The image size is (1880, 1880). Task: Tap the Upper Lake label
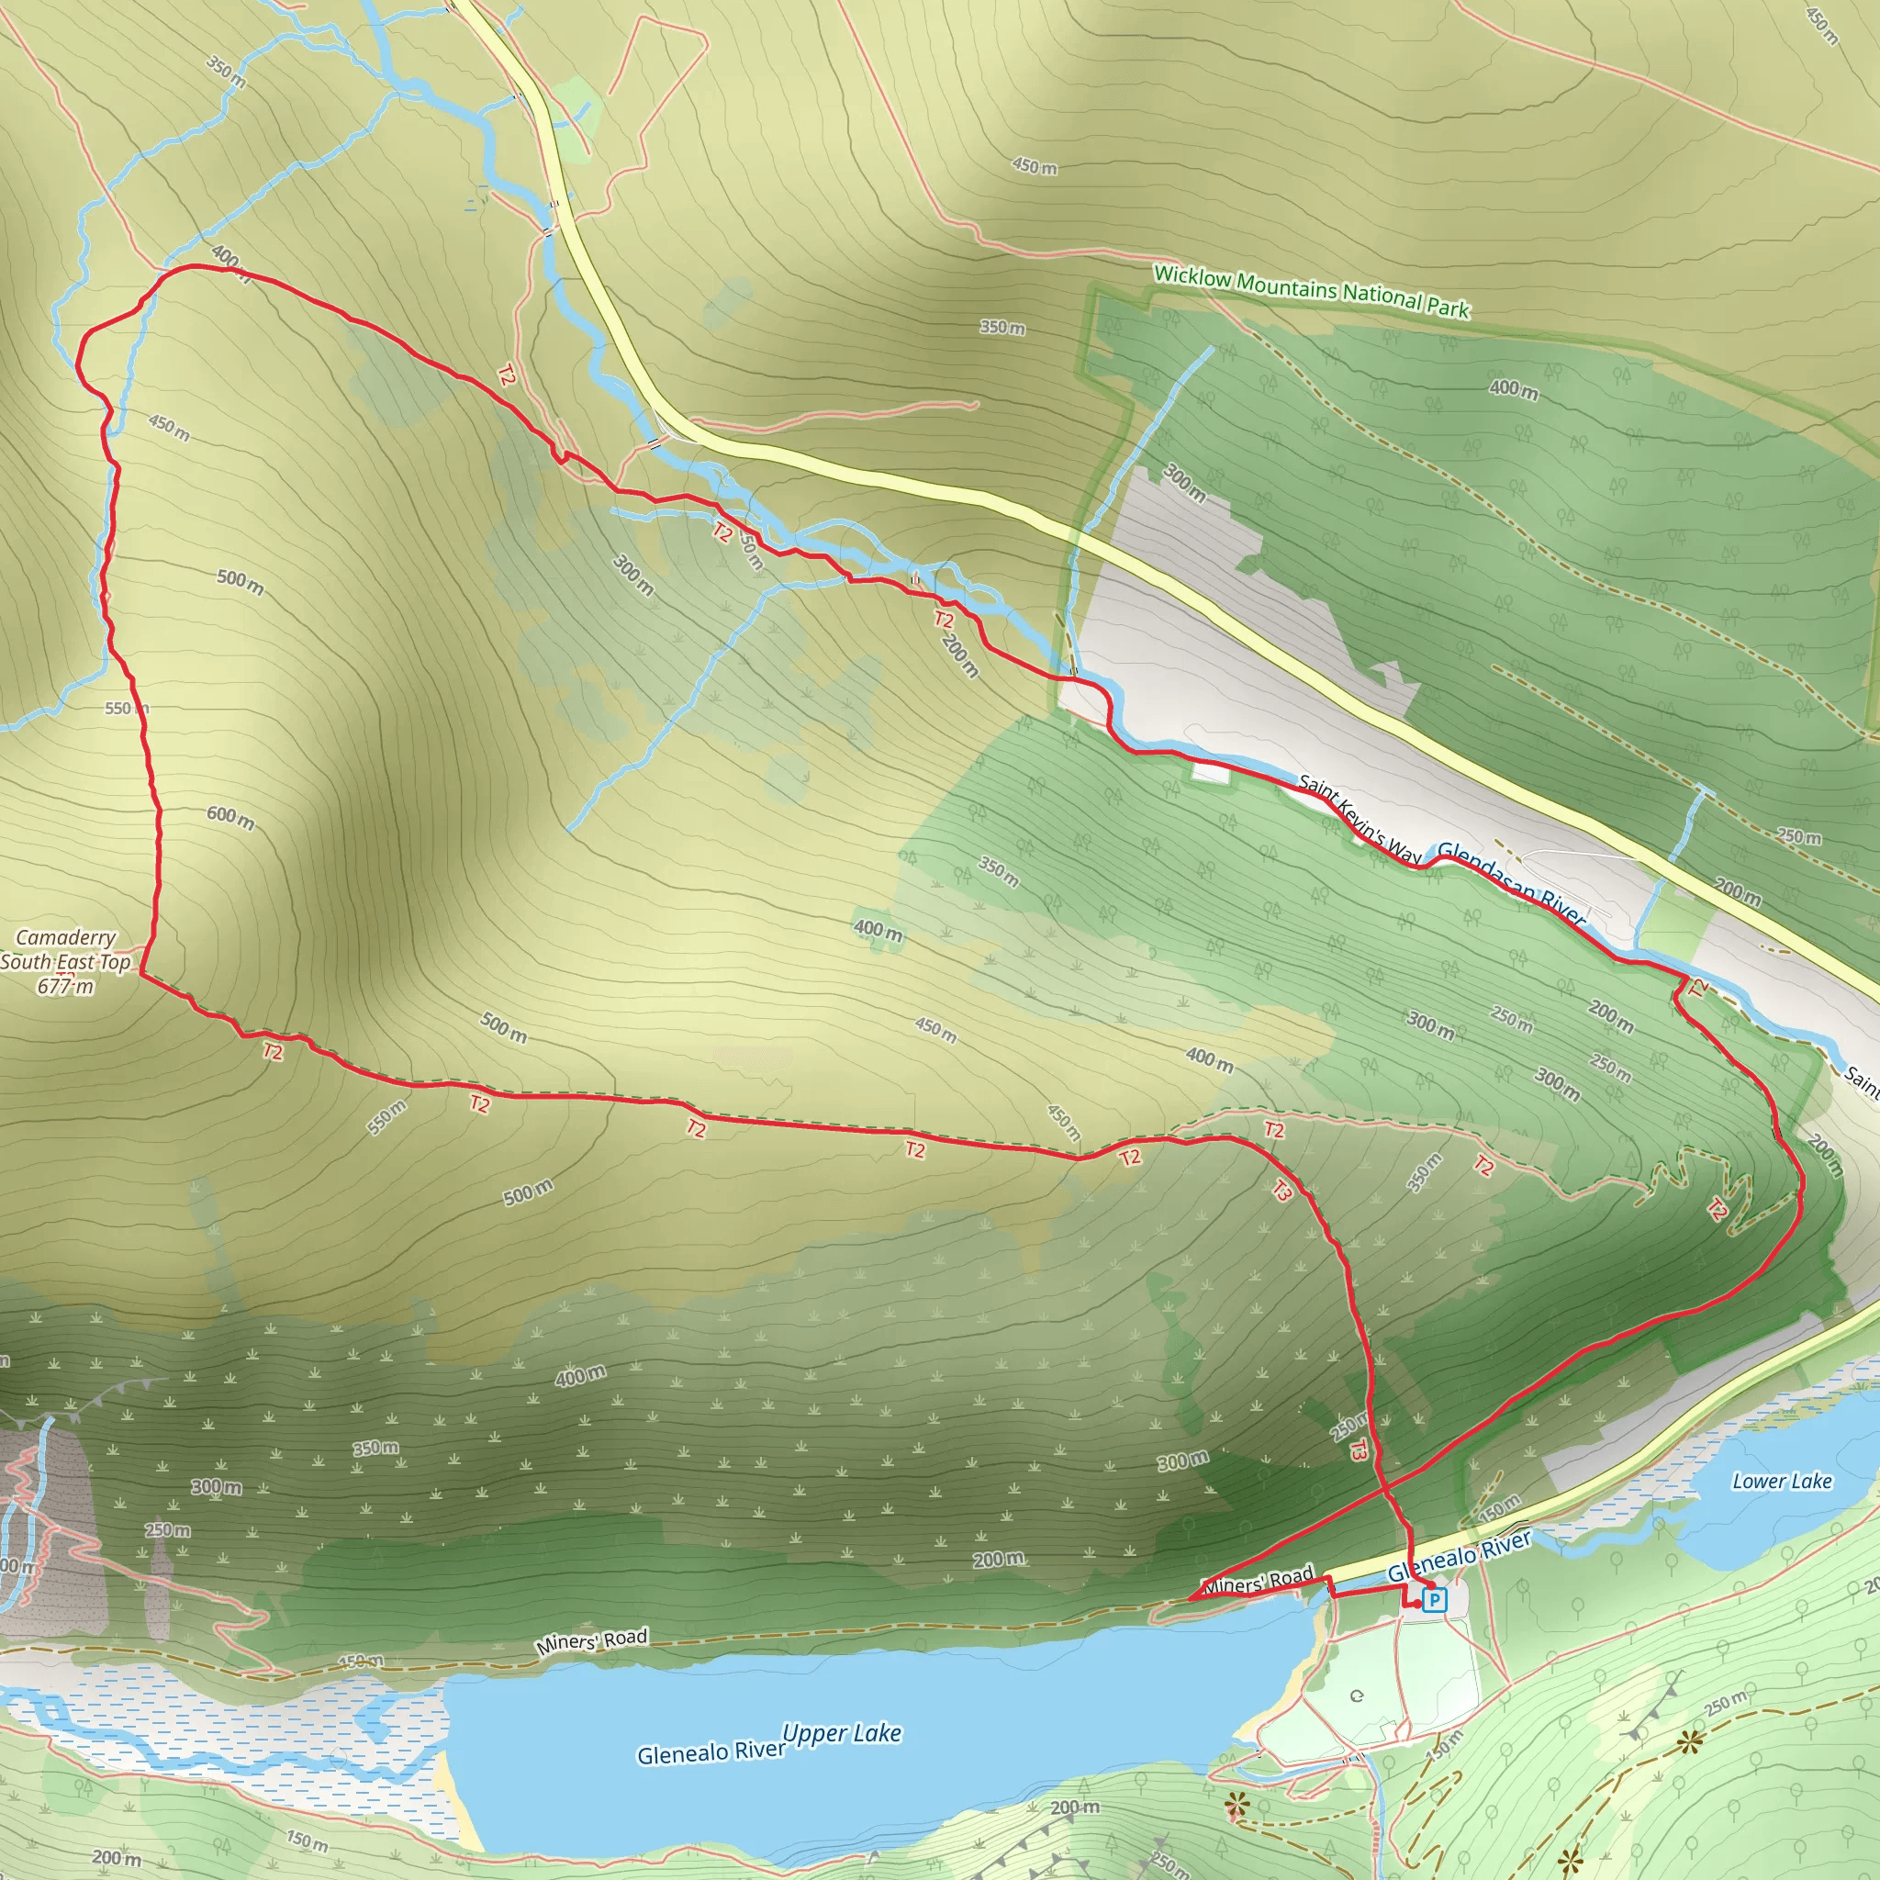click(x=842, y=1734)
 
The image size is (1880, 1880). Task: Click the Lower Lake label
click(x=1782, y=1481)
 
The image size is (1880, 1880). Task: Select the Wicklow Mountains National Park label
click(x=1311, y=291)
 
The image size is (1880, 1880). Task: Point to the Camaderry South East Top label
click(x=66, y=950)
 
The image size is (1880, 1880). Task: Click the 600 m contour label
click(x=230, y=818)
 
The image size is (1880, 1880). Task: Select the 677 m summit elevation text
click(x=66, y=987)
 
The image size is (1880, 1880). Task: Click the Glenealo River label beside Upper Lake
click(x=711, y=1752)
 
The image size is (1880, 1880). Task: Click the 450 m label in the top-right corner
click(x=1821, y=27)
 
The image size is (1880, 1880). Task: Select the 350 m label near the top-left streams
click(x=226, y=71)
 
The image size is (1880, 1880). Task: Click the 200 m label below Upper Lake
click(x=1075, y=1807)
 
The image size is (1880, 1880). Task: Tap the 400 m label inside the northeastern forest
click(x=1513, y=389)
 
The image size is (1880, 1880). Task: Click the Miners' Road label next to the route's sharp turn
click(x=1260, y=1581)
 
